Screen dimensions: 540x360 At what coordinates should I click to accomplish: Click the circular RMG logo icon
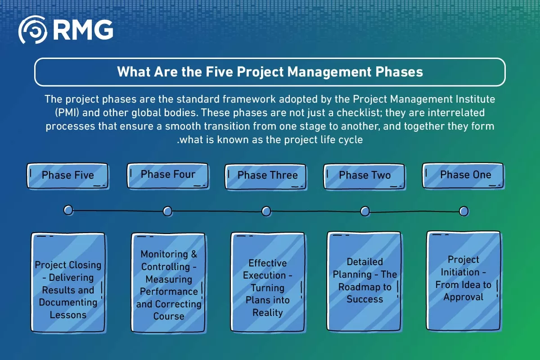point(32,30)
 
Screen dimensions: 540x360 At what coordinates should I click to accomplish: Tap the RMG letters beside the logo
point(83,30)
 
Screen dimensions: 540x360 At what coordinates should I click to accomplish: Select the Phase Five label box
point(67,175)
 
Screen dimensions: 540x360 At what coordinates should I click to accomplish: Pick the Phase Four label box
point(168,175)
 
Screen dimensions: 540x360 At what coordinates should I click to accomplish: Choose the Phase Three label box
point(265,176)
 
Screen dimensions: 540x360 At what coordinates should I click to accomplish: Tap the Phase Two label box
point(364,176)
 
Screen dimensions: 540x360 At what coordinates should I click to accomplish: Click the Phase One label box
point(463,175)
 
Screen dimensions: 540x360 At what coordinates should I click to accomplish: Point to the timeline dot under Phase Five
point(68,210)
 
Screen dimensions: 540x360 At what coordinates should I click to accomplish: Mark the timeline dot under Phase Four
point(167,211)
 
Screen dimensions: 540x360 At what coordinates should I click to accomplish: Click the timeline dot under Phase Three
point(266,211)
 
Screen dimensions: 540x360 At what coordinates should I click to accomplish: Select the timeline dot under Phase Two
point(365,211)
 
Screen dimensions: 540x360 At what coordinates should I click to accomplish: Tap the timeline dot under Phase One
point(464,211)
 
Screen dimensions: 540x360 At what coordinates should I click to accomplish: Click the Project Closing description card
point(68,283)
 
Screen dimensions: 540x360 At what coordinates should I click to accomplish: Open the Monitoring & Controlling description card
point(168,283)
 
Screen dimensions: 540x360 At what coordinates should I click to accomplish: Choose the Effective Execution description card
point(268,282)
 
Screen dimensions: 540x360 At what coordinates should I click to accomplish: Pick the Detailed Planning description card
point(364,281)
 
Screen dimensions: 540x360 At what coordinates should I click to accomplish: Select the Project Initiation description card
point(463,281)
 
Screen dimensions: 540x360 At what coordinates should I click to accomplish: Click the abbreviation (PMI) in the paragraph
point(67,113)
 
